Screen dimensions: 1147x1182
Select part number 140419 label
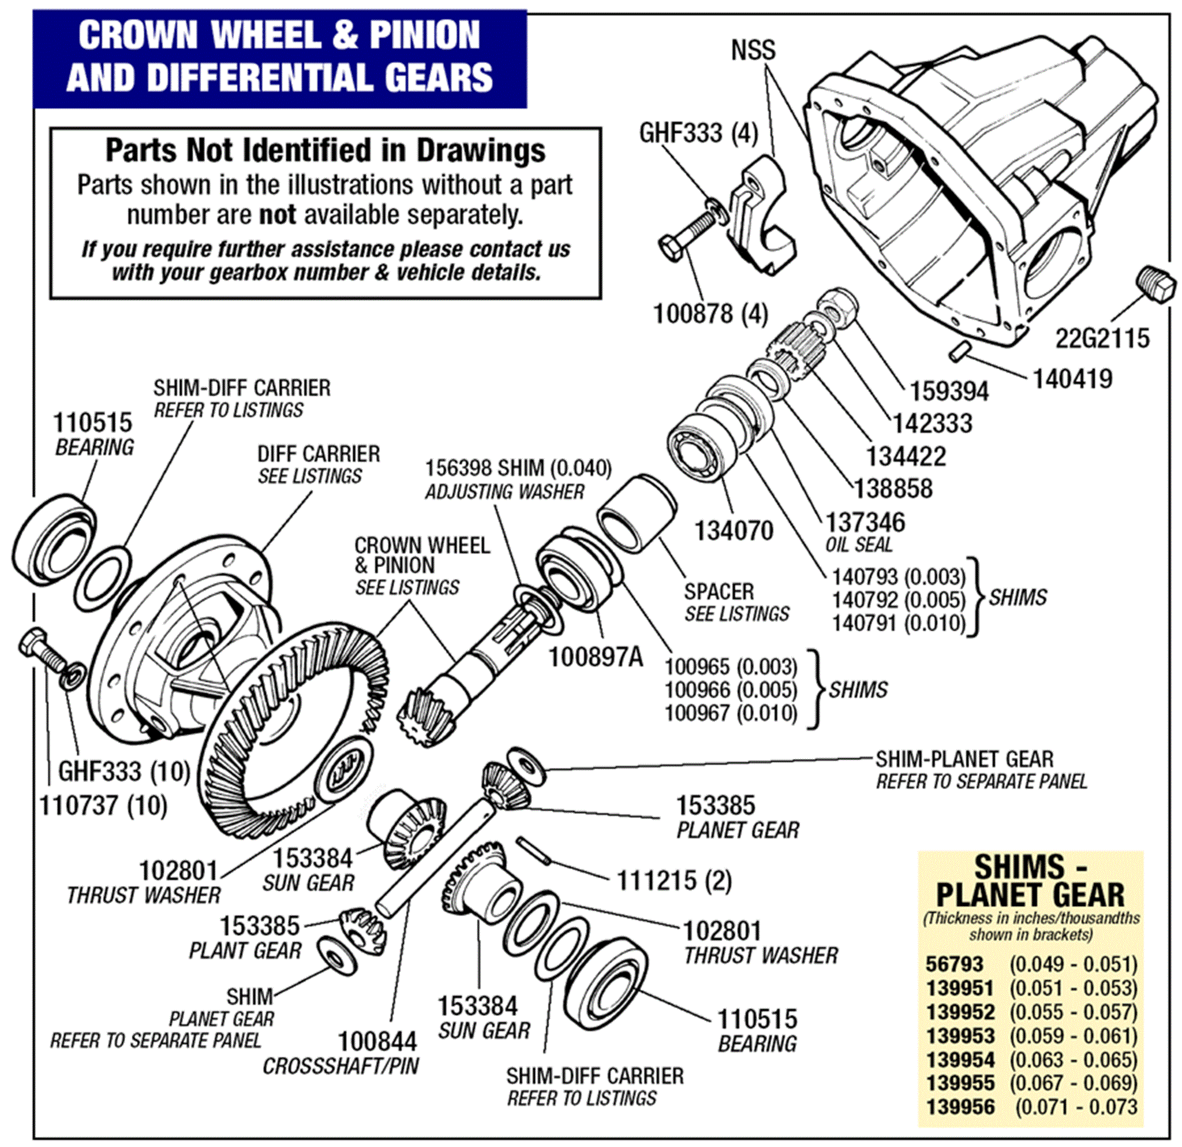pyautogui.click(x=1072, y=379)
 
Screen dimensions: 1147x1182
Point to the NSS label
pyautogui.click(x=753, y=50)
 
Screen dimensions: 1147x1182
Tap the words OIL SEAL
pyautogui.click(x=858, y=545)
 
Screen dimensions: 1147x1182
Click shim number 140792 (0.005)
pyautogui.click(x=898, y=599)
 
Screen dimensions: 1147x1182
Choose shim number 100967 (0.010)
pyautogui.click(x=731, y=713)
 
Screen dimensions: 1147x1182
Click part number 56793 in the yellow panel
pyautogui.click(x=954, y=964)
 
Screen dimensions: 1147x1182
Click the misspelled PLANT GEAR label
pyautogui.click(x=245, y=950)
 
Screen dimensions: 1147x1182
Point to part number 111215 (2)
pyautogui.click(x=674, y=881)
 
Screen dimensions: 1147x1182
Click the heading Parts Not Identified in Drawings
pyautogui.click(x=325, y=150)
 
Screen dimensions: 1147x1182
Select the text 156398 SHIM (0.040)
pyautogui.click(x=518, y=468)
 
